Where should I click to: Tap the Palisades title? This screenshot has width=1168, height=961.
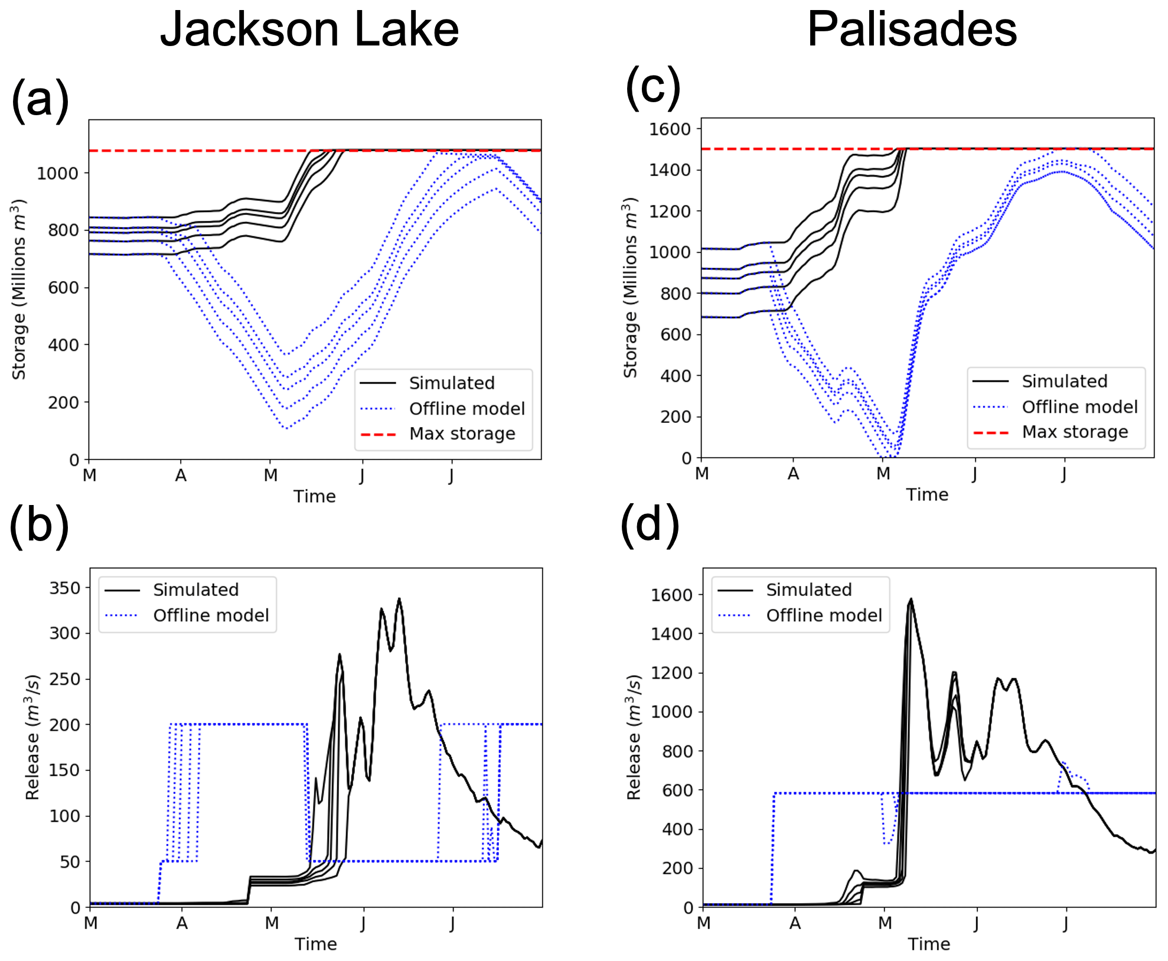pos(912,30)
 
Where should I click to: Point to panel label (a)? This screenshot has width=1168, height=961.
pos(40,99)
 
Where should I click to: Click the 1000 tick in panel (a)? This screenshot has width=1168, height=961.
pos(57,174)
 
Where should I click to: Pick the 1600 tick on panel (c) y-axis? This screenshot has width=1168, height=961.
pos(670,129)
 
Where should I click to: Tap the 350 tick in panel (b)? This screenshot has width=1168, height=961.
pos(65,588)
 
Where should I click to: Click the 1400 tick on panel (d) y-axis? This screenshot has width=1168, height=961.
pos(672,634)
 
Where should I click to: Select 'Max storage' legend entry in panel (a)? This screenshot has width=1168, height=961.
pos(462,434)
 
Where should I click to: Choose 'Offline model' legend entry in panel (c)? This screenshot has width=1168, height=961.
pos(1079,407)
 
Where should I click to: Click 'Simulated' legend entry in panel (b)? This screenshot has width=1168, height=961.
pos(195,590)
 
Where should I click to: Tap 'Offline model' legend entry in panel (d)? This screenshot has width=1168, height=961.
pos(824,615)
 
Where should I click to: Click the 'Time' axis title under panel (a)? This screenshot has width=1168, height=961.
pos(315,496)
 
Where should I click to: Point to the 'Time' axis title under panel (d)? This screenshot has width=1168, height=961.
pos(929,944)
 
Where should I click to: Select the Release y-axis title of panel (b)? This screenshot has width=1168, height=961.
pos(33,737)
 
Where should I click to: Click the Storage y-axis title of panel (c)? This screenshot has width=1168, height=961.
pos(631,288)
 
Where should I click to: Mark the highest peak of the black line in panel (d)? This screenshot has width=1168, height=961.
pos(911,600)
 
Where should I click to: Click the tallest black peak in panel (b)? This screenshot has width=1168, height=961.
pos(399,599)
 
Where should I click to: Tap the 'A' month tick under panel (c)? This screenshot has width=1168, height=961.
pos(793,474)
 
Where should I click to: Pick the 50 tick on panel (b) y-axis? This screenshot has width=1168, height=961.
pos(69,862)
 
